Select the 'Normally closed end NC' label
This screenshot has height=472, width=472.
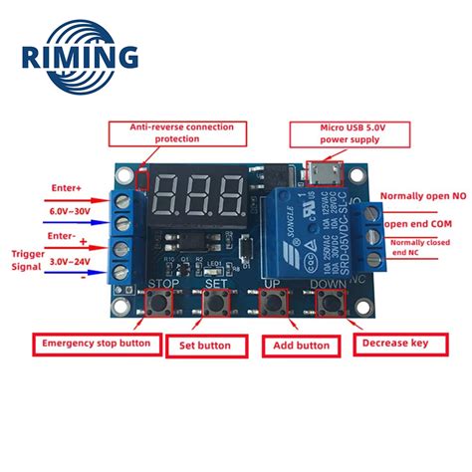tap(426, 249)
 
